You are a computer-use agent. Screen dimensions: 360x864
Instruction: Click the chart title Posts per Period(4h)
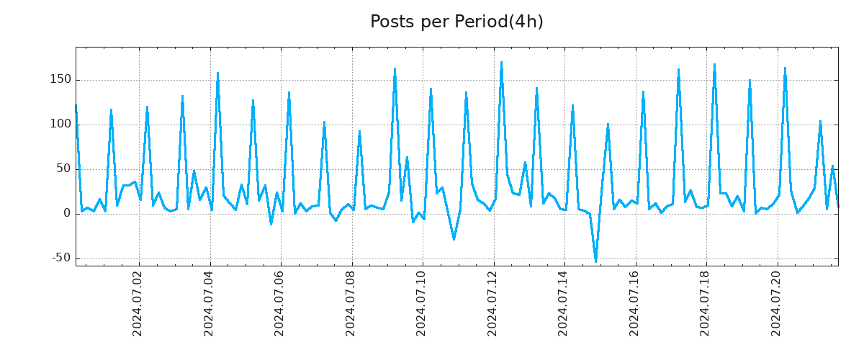pyautogui.click(x=456, y=22)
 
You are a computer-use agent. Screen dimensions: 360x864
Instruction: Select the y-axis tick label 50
pyautogui.click(x=62, y=168)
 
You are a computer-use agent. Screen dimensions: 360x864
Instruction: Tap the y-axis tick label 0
pyautogui.click(x=66, y=213)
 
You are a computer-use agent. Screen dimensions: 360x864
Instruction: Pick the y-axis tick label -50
pyautogui.click(x=59, y=258)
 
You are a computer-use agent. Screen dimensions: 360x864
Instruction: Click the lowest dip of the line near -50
pyautogui.click(x=595, y=261)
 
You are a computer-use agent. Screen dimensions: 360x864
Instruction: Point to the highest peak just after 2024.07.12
pyautogui.click(x=502, y=62)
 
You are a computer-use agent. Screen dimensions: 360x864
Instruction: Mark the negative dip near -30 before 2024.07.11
pyautogui.click(x=454, y=239)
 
